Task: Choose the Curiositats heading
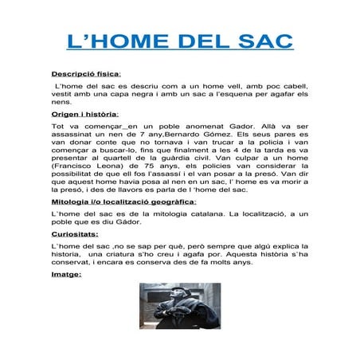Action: point(76,235)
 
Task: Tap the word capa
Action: point(115,94)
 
